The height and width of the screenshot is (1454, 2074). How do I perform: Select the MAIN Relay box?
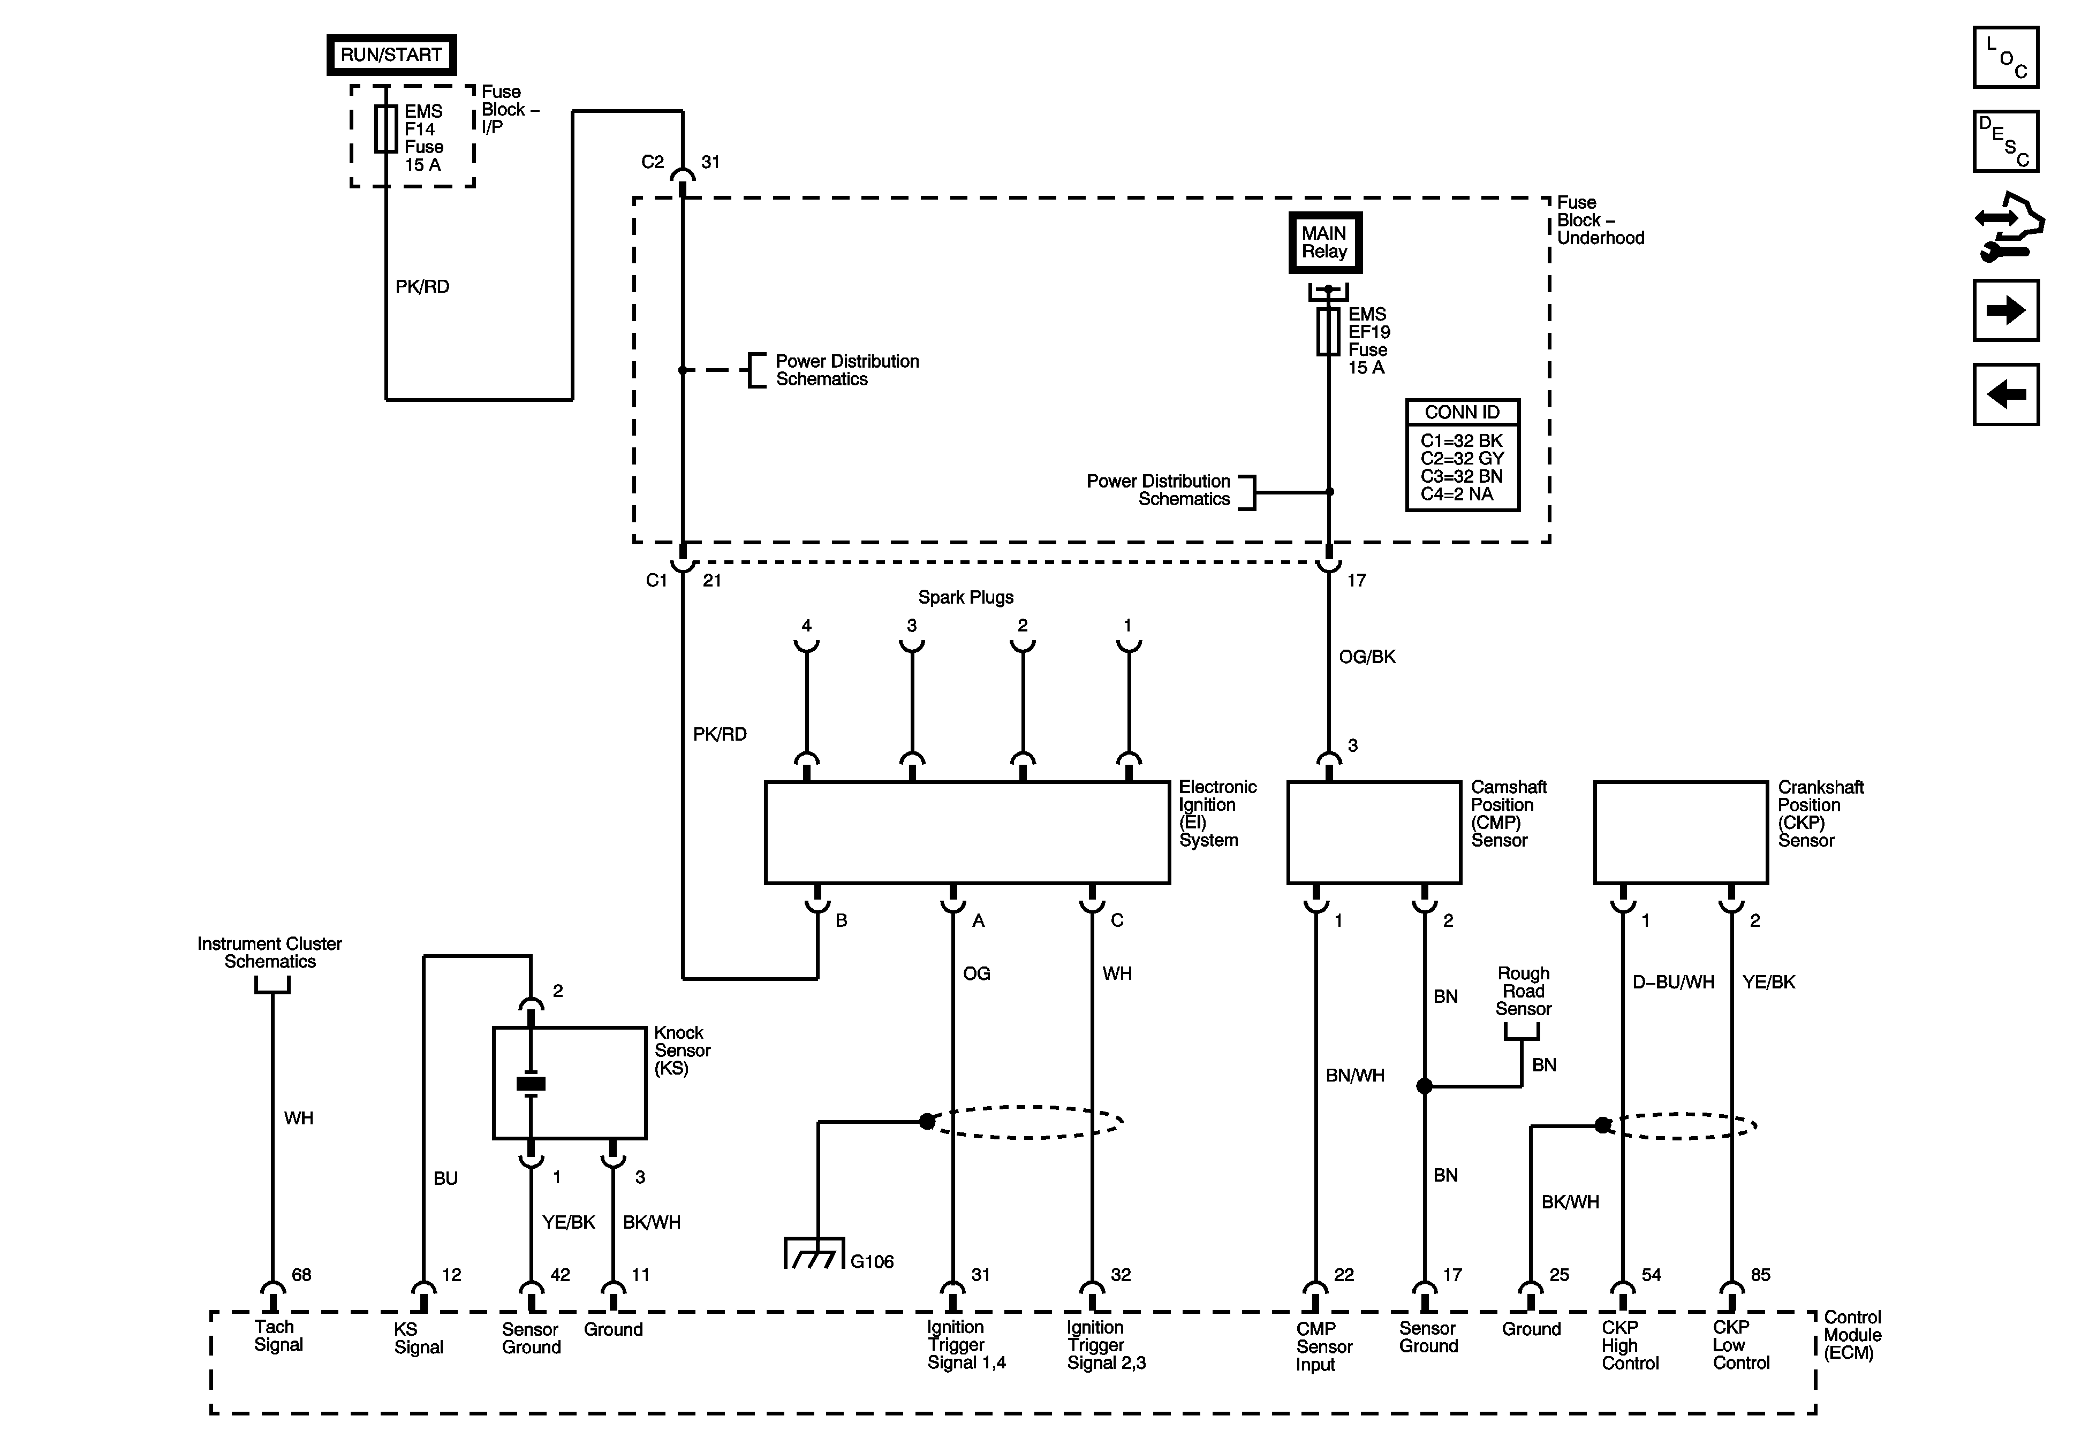(1324, 242)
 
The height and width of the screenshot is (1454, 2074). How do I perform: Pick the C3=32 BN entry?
(1460, 476)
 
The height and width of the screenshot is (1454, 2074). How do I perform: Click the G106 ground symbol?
(814, 1253)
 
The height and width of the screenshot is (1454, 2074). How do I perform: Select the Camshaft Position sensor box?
(1373, 832)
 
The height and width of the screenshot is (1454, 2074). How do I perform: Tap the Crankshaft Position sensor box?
(1680, 832)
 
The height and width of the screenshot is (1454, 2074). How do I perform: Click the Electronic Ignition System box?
(966, 832)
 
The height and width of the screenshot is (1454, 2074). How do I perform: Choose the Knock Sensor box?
(569, 1083)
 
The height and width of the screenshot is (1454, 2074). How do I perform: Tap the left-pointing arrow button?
(2005, 394)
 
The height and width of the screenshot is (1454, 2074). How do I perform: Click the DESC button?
(2005, 141)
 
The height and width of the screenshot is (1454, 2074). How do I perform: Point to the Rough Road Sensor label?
(1523, 991)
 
